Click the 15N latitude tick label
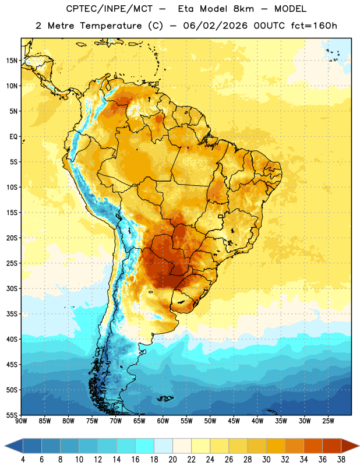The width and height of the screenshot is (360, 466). click(12, 61)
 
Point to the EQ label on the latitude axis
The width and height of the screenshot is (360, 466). click(13, 137)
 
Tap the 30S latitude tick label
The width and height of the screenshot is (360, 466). click(12, 288)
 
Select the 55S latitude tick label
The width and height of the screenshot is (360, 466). click(12, 415)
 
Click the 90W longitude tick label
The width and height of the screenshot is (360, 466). click(21, 421)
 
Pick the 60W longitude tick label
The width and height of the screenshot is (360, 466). click(163, 421)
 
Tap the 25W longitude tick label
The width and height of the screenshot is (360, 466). click(328, 421)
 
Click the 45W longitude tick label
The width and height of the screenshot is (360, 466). click(234, 421)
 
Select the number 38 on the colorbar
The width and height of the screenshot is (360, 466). click(341, 460)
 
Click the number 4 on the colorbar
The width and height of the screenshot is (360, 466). click(23, 460)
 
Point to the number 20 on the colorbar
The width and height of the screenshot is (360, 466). click(172, 460)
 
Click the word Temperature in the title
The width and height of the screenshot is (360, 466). click(111, 26)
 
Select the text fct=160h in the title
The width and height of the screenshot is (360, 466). click(314, 26)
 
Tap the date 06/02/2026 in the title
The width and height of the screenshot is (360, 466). click(215, 26)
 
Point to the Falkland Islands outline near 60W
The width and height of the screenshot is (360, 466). click(165, 398)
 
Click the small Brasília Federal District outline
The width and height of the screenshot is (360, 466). click(221, 216)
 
